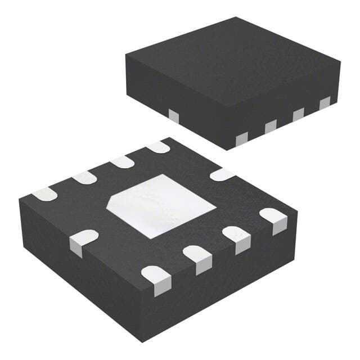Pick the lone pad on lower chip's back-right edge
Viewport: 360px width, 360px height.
222,174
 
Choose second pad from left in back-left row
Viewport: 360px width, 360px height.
84,178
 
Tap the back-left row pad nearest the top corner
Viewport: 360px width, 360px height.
158,147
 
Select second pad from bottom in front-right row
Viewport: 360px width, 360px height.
197,256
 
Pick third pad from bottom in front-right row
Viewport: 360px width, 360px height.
236,237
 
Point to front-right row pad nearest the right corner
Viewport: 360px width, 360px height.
273,219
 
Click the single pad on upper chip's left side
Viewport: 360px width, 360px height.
174,115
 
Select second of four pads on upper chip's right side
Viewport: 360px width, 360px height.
271,126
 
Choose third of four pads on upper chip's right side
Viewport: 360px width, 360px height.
298,114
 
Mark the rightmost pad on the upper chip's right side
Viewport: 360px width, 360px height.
325,103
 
